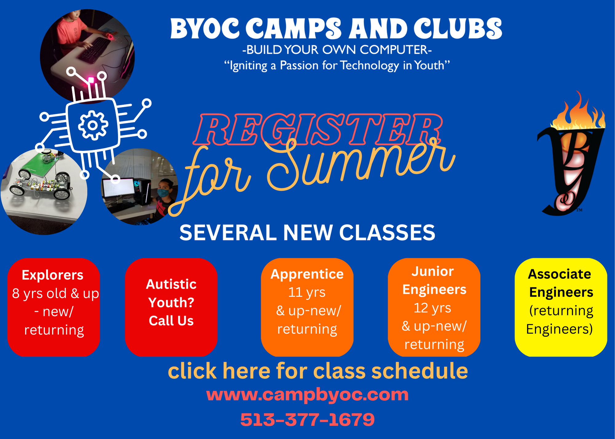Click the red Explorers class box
click(54, 307)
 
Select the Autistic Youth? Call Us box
click(171, 307)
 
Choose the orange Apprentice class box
click(307, 307)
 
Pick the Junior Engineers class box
click(434, 307)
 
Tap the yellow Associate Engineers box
click(561, 307)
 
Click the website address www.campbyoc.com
click(307, 395)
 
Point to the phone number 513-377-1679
click(307, 420)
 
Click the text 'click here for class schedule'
click(318, 371)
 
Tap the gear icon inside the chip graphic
click(93, 125)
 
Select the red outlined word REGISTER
click(318, 129)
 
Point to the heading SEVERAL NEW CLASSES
click(307, 232)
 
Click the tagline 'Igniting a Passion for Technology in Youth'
click(337, 66)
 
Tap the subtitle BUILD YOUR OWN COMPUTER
click(337, 50)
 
